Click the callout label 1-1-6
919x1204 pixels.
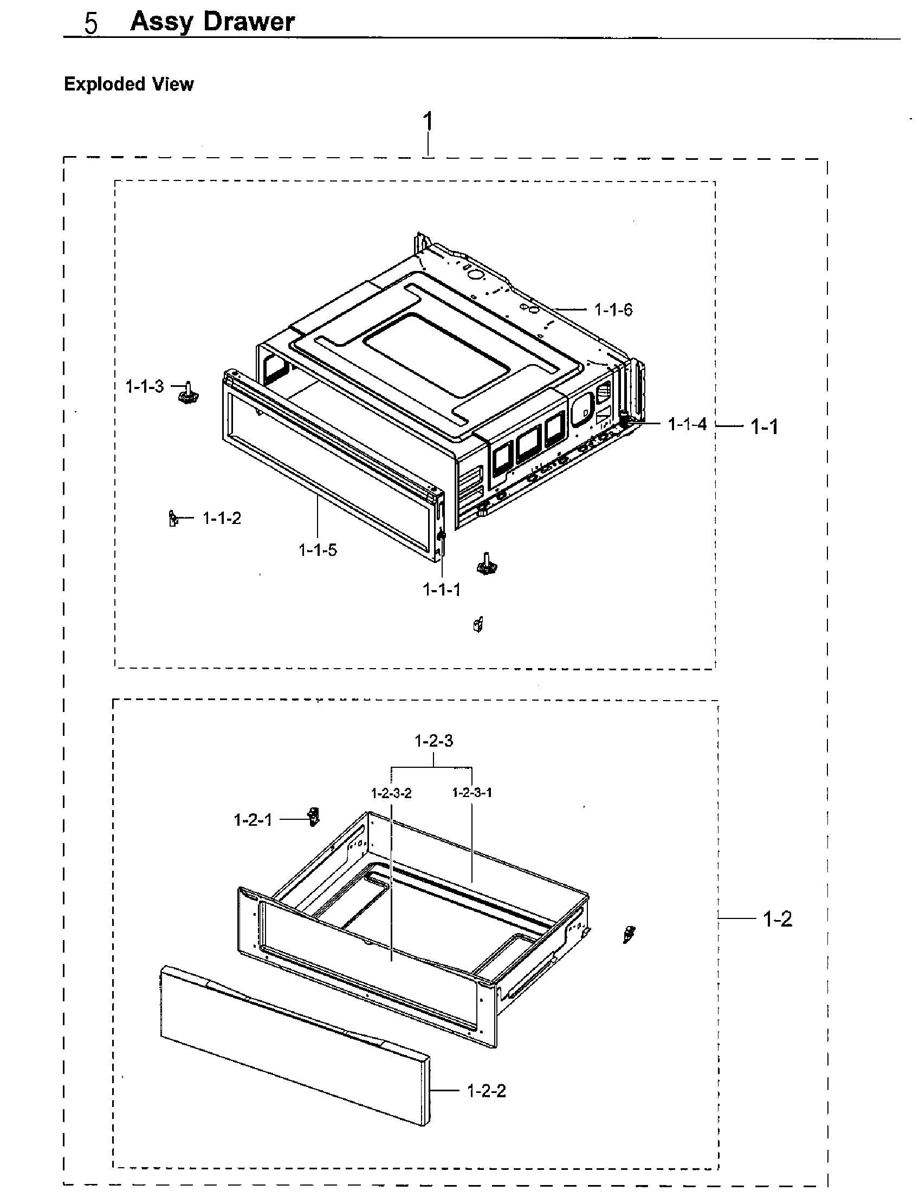pyautogui.click(x=613, y=310)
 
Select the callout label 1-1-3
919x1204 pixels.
pyautogui.click(x=145, y=387)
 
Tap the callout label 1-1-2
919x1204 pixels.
pyautogui.click(x=222, y=518)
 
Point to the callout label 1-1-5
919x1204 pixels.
pyautogui.click(x=318, y=550)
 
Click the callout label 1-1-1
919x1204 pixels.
pyautogui.click(x=442, y=590)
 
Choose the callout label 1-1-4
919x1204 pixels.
pyautogui.click(x=687, y=424)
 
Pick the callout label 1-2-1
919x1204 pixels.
pyautogui.click(x=253, y=820)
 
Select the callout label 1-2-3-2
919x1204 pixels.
pyautogui.click(x=391, y=793)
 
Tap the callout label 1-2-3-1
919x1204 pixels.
pyautogui.click(x=471, y=793)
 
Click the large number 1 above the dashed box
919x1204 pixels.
pyautogui.click(x=428, y=121)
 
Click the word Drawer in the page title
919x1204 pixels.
pyautogui.click(x=249, y=22)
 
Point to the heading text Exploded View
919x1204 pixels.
pyautogui.click(x=129, y=84)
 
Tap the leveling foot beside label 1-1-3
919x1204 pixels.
pyautogui.click(x=188, y=393)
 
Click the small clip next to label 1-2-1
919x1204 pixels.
pyautogui.click(x=313, y=817)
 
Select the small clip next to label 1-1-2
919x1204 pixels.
pyautogui.click(x=173, y=517)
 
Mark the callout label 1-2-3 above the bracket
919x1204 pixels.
pyautogui.click(x=434, y=741)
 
